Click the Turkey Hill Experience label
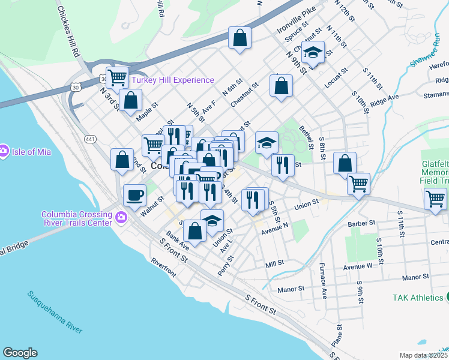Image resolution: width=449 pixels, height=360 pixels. (172, 80)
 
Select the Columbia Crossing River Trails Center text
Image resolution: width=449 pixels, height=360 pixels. (76, 218)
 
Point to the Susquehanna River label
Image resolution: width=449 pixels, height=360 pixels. (55, 311)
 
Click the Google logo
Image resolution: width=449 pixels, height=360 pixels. (20, 353)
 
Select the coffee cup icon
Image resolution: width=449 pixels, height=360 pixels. (134, 194)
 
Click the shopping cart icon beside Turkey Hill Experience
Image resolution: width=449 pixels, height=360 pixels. (118, 77)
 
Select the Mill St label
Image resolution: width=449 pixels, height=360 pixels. (274, 264)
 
